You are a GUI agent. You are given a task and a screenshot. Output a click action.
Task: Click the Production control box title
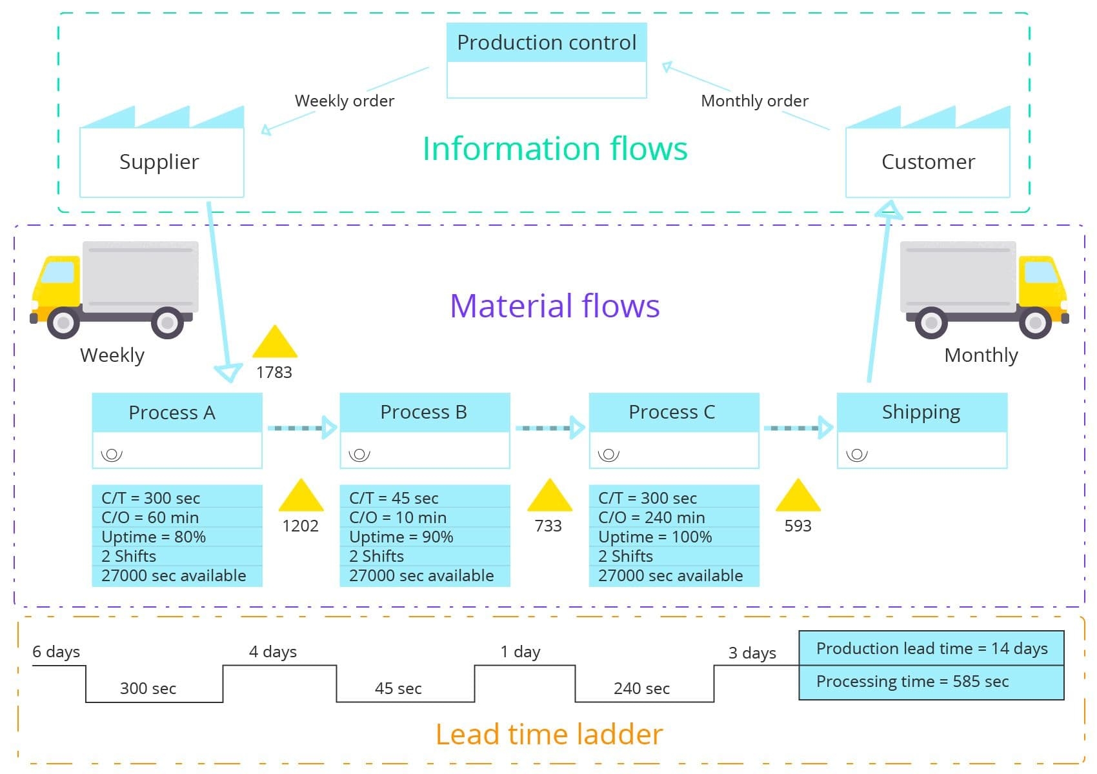[547, 43]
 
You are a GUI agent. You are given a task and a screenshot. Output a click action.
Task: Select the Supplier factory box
[161, 161]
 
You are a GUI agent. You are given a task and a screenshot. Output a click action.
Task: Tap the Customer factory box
[927, 161]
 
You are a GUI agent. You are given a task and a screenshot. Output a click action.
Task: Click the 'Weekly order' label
[344, 101]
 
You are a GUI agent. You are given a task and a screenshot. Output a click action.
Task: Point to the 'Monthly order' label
[754, 101]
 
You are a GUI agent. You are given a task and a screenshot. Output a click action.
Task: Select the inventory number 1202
[300, 526]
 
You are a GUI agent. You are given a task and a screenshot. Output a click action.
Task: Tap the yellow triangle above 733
[549, 497]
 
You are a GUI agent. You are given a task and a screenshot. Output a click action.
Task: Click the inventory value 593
[798, 526]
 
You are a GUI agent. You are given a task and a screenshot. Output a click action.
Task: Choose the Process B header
[424, 412]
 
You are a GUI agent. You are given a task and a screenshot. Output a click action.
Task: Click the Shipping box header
[921, 412]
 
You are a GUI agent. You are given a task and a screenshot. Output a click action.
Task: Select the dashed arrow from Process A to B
[301, 428]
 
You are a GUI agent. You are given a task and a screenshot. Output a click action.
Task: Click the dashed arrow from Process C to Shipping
[798, 428]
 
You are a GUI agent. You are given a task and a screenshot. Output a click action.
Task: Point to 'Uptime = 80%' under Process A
[154, 537]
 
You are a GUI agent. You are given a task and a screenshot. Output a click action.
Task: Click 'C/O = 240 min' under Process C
[651, 517]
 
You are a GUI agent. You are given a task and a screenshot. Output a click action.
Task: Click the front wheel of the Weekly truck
[63, 322]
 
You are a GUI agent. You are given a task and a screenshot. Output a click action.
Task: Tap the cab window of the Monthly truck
[1040, 272]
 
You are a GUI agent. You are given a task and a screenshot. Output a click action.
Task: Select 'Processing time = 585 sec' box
[931, 682]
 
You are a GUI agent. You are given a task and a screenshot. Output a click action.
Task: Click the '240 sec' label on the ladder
[641, 689]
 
